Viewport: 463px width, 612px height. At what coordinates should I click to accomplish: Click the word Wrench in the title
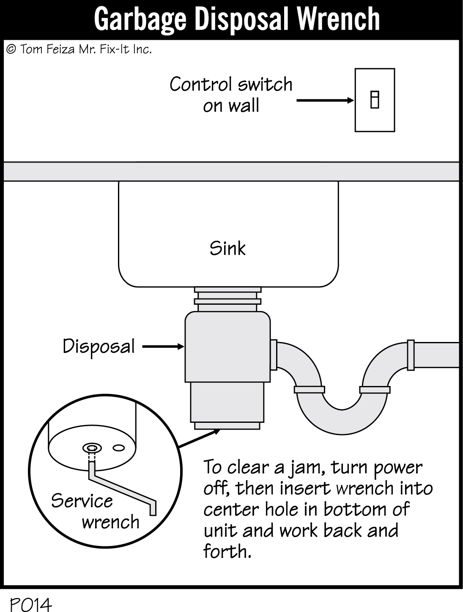(338, 19)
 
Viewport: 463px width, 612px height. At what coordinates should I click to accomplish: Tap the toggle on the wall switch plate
(375, 100)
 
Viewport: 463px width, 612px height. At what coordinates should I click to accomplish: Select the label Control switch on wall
(231, 95)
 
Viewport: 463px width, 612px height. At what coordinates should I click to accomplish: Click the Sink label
(227, 248)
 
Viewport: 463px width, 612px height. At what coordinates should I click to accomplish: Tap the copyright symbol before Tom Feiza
(11, 50)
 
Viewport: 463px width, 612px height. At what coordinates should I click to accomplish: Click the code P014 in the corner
(30, 604)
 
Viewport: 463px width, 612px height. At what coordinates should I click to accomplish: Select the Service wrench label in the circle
(95, 511)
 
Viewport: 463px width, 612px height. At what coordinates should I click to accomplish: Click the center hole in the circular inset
(92, 448)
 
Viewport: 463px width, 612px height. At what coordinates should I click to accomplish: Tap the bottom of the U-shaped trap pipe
(342, 419)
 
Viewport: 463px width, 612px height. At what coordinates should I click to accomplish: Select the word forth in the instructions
(227, 551)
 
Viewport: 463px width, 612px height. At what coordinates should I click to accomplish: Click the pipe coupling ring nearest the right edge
(410, 355)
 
